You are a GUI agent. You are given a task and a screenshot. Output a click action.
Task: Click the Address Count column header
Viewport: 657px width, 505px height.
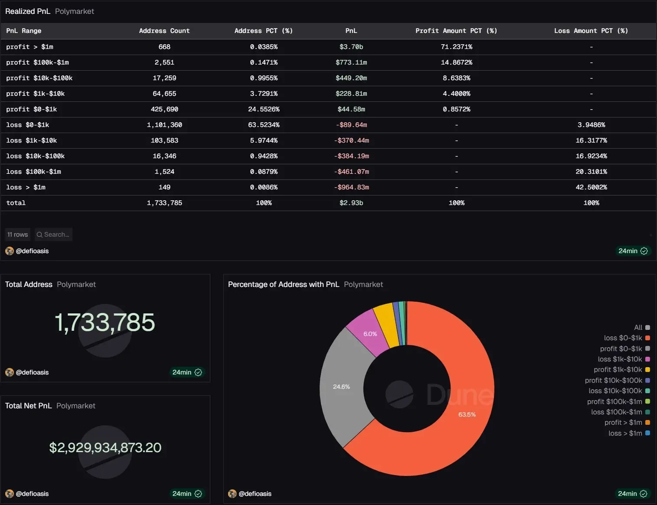164,31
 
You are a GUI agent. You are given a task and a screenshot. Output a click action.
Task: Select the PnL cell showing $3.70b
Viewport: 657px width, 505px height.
351,47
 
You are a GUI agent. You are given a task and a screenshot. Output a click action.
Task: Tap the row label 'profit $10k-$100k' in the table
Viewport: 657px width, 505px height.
39,78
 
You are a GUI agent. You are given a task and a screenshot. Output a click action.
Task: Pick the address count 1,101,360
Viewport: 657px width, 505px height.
164,125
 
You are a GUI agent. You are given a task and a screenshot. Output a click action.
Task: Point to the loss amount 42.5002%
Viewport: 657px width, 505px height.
591,187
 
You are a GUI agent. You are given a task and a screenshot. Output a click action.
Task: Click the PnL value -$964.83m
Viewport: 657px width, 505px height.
351,187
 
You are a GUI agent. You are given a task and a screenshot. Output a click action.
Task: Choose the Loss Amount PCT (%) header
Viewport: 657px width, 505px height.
591,31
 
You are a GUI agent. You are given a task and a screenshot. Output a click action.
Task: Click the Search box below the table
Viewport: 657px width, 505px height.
53,235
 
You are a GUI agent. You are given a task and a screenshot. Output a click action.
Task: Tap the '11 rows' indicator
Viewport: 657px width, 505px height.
18,235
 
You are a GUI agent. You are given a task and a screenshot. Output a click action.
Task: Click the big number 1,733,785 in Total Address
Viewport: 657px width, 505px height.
105,323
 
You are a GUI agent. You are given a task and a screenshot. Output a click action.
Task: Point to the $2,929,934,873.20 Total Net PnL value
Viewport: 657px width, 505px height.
105,447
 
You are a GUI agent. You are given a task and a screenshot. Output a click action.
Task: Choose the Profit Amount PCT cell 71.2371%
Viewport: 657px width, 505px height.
456,47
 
